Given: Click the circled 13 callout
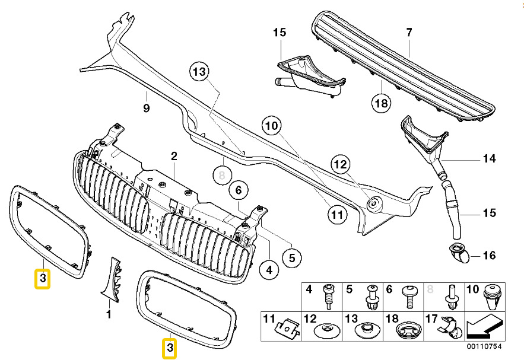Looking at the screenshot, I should click(x=201, y=72).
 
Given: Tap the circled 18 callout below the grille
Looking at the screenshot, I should click(x=381, y=103).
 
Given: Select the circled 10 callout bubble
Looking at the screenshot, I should click(x=271, y=126).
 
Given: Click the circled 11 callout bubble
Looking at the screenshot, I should click(x=337, y=214).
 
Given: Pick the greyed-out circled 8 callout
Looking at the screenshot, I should click(x=222, y=175).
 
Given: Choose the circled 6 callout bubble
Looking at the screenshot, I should click(x=238, y=190).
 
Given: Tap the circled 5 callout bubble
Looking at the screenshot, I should click(x=292, y=258).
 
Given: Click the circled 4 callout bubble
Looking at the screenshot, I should click(x=269, y=270).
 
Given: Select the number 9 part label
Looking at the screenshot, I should click(x=146, y=108).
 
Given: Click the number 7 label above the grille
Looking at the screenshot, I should click(x=408, y=32).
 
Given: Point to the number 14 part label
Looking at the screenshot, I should click(x=488, y=159).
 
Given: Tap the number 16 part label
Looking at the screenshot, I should click(x=488, y=256).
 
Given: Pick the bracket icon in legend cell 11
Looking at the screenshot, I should click(x=287, y=327).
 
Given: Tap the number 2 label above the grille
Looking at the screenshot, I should click(x=174, y=157).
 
